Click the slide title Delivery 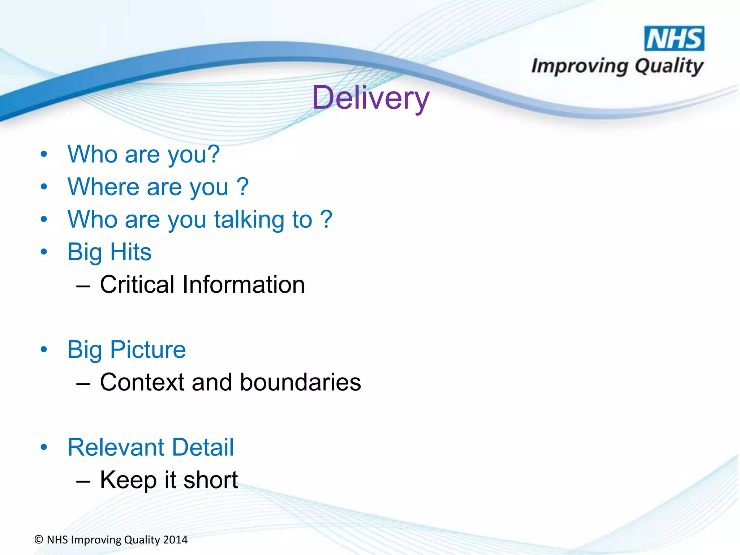tap(370, 98)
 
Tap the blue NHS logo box tap(674, 38)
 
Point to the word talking tap(249, 219)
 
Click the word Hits tap(130, 252)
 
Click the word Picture tap(148, 350)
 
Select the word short tap(210, 480)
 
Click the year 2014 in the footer tap(175, 540)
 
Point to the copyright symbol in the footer tap(39, 540)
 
